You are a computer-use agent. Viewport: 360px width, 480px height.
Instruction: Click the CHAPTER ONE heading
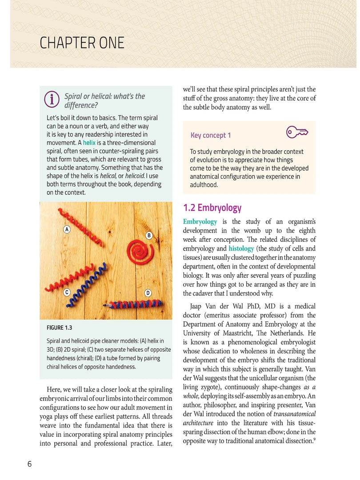82,44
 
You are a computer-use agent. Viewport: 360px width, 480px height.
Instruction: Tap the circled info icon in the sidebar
52,100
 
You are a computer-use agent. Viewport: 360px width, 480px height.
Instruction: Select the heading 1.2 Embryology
212,208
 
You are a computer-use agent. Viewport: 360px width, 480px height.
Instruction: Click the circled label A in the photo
66,229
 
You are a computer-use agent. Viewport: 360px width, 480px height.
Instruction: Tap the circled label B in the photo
149,235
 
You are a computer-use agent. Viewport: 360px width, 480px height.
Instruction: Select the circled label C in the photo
66,292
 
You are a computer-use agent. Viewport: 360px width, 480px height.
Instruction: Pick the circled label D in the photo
148,293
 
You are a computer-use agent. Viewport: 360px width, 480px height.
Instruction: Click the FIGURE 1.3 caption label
59,328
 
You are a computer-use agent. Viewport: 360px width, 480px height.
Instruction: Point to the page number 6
29,464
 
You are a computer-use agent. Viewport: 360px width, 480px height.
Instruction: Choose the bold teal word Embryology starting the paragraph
200,222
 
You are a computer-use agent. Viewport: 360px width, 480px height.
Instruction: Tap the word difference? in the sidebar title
81,105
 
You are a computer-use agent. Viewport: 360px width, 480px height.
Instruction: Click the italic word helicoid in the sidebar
137,176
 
